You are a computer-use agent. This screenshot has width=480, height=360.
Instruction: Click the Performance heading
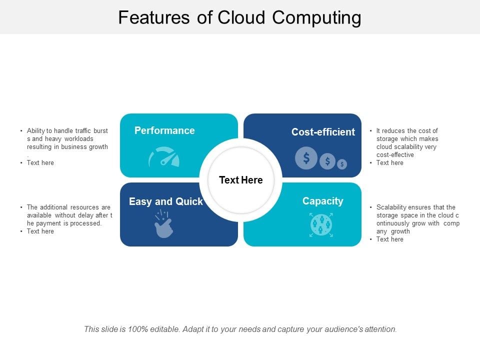[164, 130]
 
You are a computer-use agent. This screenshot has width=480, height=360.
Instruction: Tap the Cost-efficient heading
[323, 132]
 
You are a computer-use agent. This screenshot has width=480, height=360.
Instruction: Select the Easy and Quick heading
[165, 201]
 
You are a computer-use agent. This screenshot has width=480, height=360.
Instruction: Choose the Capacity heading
[322, 201]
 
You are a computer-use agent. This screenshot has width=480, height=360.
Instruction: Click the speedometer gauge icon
[164, 157]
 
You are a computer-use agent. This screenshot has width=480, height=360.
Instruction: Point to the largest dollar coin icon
[306, 158]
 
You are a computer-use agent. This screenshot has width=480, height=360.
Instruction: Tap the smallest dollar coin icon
[342, 164]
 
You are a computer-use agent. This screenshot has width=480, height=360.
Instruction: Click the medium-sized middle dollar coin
[327, 161]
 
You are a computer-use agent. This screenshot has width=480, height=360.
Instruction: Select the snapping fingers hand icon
[163, 224]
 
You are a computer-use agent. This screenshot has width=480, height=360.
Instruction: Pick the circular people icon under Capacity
[321, 224]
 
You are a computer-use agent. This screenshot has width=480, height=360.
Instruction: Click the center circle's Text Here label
[240, 180]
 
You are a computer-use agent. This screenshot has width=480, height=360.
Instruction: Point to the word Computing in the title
[316, 17]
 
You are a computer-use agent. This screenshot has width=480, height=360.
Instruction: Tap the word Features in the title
[154, 17]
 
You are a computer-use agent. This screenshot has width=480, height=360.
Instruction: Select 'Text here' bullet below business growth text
[40, 163]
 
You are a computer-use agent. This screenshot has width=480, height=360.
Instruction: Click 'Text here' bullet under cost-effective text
[390, 163]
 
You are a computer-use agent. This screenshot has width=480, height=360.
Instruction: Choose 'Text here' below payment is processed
[40, 231]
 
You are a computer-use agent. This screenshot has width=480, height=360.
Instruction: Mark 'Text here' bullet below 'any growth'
[390, 239]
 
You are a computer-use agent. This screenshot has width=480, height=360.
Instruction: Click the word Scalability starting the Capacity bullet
[391, 207]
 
